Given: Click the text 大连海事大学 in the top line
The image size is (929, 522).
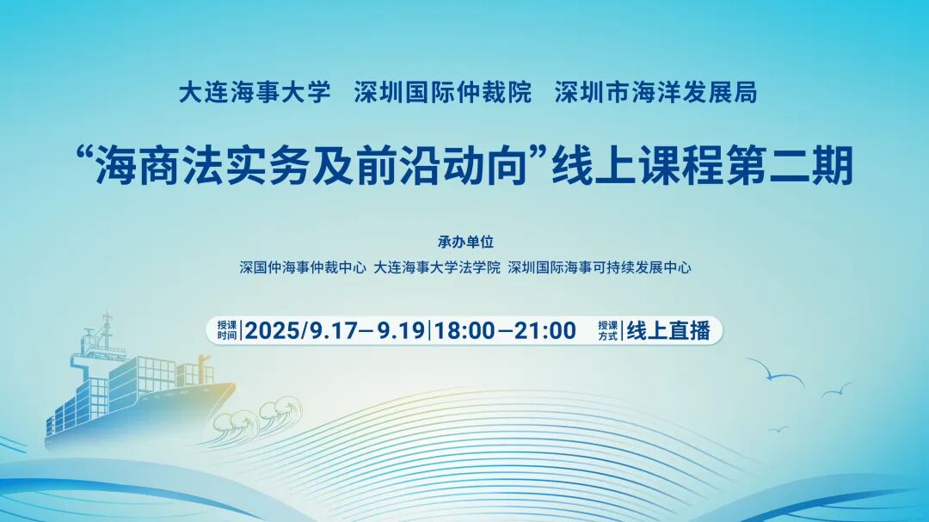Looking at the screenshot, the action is coord(255,93).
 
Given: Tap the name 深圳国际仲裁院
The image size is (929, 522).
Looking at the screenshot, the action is coord(443,93).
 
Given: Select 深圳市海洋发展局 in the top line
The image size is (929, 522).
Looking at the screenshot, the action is coord(655,93).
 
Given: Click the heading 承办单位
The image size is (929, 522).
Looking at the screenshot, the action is coord(465,242).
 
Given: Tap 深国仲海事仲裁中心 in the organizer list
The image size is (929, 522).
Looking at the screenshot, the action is coord(303,267).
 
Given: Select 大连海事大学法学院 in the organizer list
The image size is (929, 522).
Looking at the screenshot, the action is coord(437,267).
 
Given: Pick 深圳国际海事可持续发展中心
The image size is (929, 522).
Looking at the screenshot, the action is coord(599,267).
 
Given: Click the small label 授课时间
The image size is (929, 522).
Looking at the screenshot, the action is coord(226,330).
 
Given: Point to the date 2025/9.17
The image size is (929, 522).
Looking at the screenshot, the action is coord(302,330).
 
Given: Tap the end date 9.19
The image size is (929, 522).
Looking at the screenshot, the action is coord(401,330).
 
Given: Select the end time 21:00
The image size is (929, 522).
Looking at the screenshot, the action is coord(545,330).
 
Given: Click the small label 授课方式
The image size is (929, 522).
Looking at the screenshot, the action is coord(608,330).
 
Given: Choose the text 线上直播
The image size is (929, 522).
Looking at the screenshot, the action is coord(668,330).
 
